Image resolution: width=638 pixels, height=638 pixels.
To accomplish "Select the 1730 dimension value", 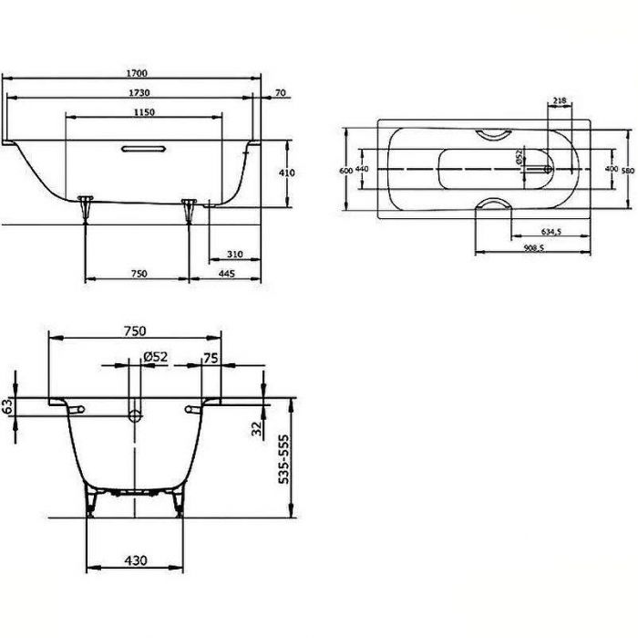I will pyautogui.click(x=139, y=92).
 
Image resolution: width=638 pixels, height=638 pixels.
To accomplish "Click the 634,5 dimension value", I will pyautogui.click(x=550, y=232).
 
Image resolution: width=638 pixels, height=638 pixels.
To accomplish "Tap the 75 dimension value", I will pyautogui.click(x=212, y=358).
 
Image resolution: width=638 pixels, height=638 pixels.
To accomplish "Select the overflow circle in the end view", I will pyautogui.click(x=135, y=417).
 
